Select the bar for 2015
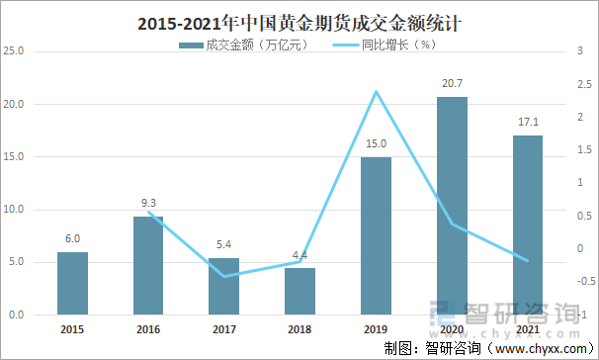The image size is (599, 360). [72, 284]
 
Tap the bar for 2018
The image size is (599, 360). [299, 292]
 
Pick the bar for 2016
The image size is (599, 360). [148, 266]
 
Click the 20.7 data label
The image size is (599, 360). [451, 86]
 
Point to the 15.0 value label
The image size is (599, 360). [376, 144]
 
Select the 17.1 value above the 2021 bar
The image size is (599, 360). [527, 123]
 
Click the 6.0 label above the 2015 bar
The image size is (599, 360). [72, 238]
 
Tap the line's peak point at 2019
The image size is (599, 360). [376, 92]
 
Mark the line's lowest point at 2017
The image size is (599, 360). [224, 276]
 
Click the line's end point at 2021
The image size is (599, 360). [527, 261]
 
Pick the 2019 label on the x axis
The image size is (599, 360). [376, 329]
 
